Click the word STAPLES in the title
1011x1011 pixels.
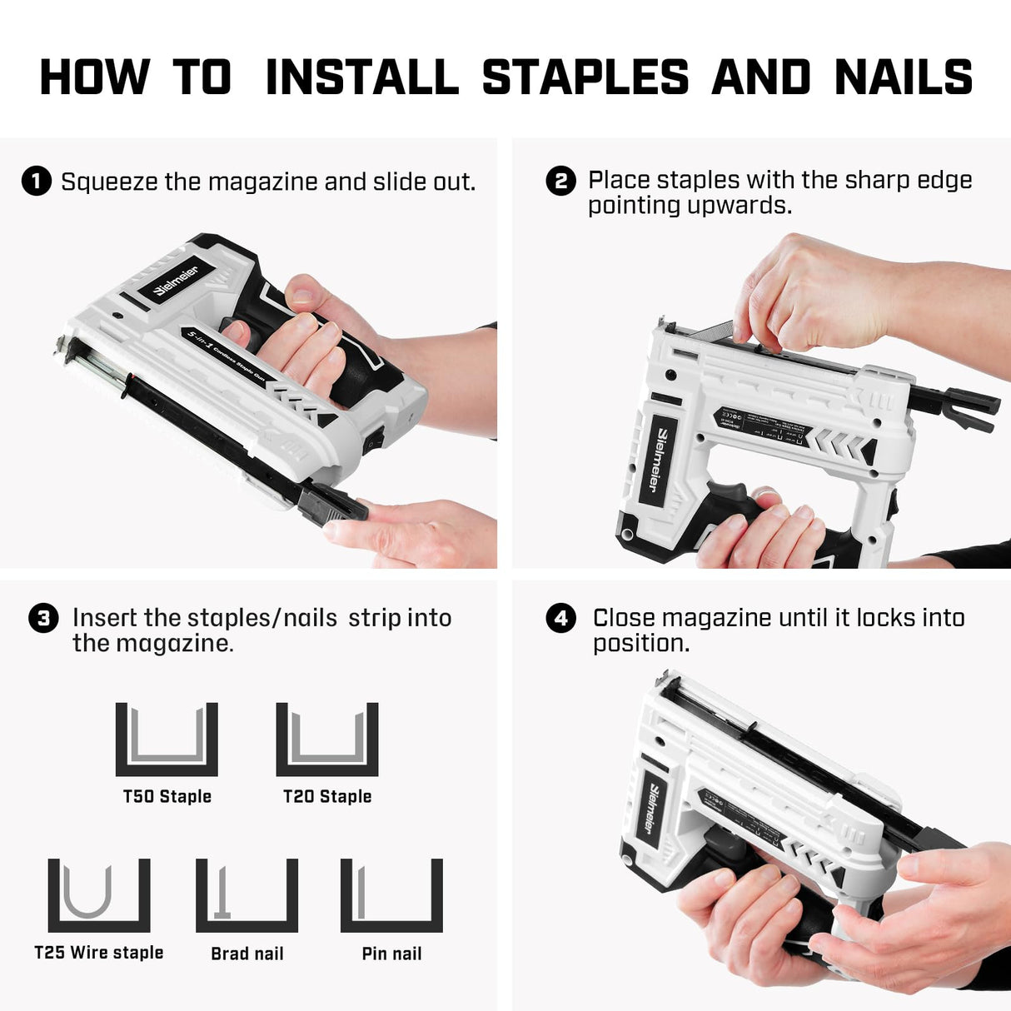585,77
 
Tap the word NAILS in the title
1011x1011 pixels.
904,77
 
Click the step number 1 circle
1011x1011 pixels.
37,181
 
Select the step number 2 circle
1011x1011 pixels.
560,181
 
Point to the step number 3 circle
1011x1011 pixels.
43,618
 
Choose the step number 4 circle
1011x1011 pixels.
560,618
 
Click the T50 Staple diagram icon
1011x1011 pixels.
167,739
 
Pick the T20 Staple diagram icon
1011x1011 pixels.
327,739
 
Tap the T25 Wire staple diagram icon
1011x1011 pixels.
99,895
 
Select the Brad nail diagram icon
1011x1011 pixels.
247,895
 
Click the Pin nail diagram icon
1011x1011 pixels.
391,895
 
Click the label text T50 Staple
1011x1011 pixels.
167,796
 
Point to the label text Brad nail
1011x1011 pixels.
247,954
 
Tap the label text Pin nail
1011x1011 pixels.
391,954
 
